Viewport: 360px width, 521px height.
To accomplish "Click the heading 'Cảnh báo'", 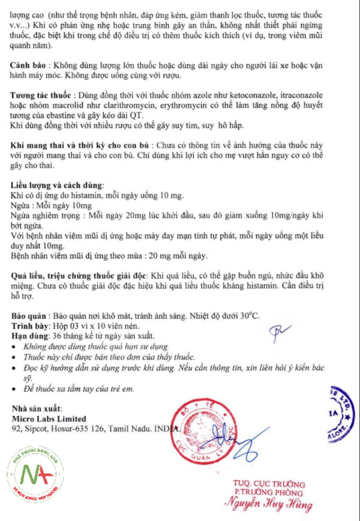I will coord(28,65).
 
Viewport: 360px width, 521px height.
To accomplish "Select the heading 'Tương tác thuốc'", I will coord(40,95).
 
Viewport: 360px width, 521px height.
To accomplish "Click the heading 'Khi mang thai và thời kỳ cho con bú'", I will coord(80,145).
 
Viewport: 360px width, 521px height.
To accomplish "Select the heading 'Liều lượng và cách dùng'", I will coord(56,185).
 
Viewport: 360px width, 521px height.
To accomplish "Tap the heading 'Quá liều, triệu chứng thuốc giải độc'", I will coord(78,276).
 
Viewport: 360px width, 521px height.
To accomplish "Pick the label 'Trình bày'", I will coord(30,326).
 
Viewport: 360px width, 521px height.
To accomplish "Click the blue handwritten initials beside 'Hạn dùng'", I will coord(279,332).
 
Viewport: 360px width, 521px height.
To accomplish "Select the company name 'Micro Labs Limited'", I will coord(49,419).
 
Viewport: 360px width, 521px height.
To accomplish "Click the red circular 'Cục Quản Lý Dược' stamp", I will coord(203,431).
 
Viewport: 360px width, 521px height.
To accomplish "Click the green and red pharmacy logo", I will coord(35,474).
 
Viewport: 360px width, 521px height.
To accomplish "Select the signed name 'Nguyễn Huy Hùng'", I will coord(269,504).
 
